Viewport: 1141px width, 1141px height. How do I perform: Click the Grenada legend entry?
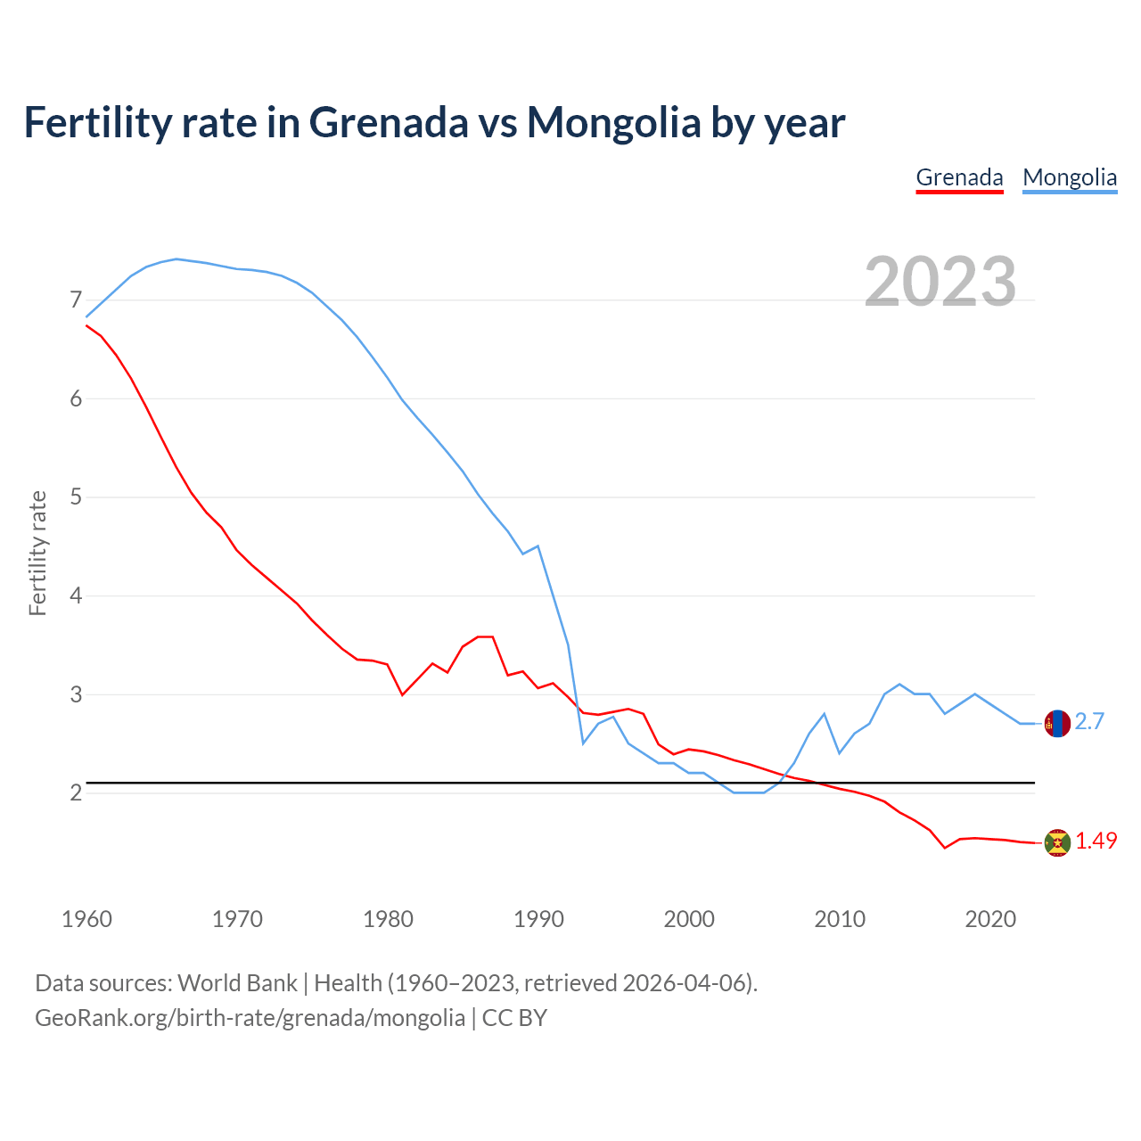pyautogui.click(x=959, y=177)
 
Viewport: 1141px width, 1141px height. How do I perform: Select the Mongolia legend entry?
pyautogui.click(x=1070, y=177)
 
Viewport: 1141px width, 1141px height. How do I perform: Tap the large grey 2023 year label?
pyautogui.click(x=940, y=282)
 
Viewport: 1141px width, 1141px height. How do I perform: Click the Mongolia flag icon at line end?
pyautogui.click(x=1057, y=724)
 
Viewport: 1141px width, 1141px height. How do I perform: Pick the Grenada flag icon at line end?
pyautogui.click(x=1057, y=842)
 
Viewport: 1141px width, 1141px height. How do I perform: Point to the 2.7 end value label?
pyautogui.click(x=1089, y=722)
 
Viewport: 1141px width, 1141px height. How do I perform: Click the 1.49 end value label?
pyautogui.click(x=1096, y=841)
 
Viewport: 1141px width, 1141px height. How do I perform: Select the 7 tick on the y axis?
pyautogui.click(x=76, y=300)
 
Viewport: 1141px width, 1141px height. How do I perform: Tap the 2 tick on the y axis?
pyautogui.click(x=76, y=792)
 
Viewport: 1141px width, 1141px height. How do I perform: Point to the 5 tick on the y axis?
pyautogui.click(x=76, y=497)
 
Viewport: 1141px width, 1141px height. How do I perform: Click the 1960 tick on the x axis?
pyautogui.click(x=86, y=919)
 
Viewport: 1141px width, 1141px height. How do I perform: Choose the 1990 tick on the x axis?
pyautogui.click(x=538, y=919)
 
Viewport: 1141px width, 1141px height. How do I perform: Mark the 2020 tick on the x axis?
pyautogui.click(x=990, y=919)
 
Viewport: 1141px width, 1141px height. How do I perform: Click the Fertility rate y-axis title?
pyautogui.click(x=37, y=553)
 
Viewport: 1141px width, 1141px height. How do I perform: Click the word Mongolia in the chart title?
pyautogui.click(x=614, y=122)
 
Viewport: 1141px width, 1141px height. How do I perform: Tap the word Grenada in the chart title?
pyautogui.click(x=388, y=122)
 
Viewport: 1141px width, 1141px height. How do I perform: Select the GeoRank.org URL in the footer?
pyautogui.click(x=250, y=1018)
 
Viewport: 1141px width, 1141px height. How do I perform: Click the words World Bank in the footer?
pyautogui.click(x=237, y=983)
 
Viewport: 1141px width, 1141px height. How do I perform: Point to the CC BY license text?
pyautogui.click(x=514, y=1018)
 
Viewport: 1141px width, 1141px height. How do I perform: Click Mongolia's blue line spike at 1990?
pyautogui.click(x=538, y=546)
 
